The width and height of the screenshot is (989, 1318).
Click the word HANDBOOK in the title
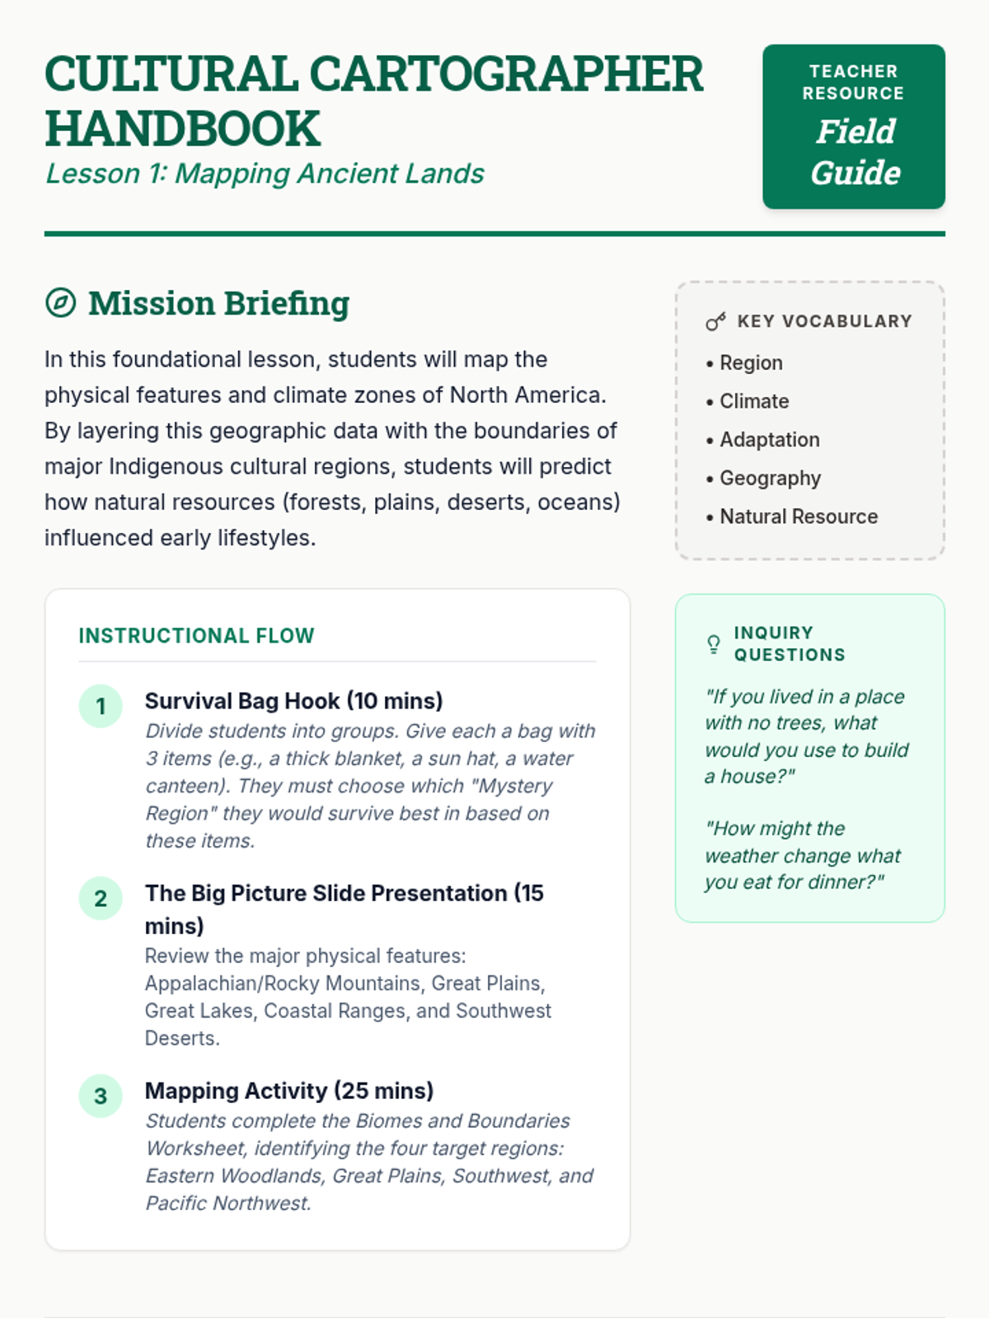182,129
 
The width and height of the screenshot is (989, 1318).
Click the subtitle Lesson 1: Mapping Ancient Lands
265,174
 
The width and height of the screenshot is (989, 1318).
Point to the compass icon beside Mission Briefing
60,303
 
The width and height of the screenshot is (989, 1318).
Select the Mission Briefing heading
218,303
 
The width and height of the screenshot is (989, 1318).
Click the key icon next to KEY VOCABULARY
715,321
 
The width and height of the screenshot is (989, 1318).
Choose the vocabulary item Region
751,362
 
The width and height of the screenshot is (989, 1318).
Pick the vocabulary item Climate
754,401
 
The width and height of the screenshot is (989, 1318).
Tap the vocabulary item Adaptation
769,440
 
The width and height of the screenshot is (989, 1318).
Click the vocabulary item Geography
770,478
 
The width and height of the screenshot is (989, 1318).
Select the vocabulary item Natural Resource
799,516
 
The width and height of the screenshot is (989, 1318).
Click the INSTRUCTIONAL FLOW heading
196,636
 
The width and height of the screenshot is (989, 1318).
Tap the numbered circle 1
101,706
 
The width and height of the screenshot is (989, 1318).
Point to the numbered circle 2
101,898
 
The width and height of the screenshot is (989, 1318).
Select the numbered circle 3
101,1096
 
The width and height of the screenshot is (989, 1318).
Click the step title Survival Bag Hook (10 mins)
293,701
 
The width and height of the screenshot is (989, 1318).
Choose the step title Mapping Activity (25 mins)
288,1091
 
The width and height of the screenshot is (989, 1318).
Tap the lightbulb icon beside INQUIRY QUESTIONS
714,644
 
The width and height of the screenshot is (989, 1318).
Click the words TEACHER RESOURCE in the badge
853,82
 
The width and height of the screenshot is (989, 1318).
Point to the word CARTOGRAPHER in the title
506,74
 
